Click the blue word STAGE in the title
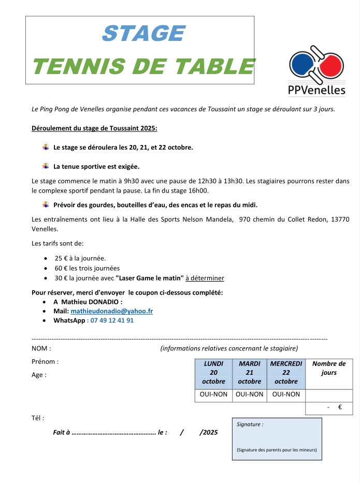(143, 34)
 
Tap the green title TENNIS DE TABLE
(143, 66)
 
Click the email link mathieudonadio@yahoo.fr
(111, 311)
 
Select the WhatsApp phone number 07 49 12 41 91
(112, 320)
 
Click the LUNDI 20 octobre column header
(213, 373)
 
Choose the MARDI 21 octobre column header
(249, 373)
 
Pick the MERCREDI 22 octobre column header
(286, 373)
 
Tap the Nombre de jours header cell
(329, 368)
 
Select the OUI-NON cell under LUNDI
(213, 394)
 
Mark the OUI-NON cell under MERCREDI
(286, 394)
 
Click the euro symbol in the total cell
(340, 407)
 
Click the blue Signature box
(277, 438)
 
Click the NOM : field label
(41, 348)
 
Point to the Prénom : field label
(45, 361)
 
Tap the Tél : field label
(38, 418)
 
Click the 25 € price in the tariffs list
(61, 258)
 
